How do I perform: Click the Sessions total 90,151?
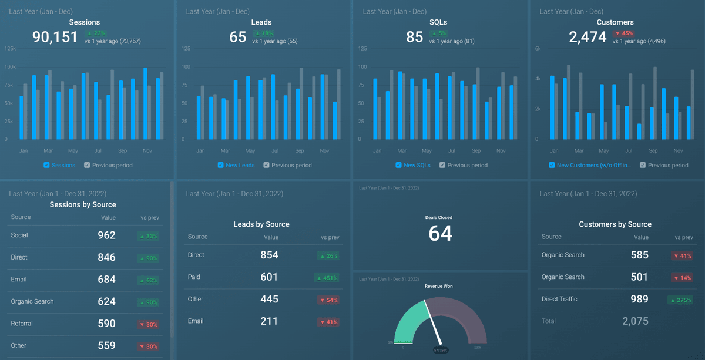[55, 37]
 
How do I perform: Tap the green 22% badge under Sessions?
[96, 33]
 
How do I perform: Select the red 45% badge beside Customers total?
[623, 33]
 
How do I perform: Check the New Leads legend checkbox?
[221, 165]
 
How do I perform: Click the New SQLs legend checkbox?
[399, 165]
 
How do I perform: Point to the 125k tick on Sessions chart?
[10, 49]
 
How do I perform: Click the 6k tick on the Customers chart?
[538, 49]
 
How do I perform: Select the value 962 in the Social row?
[106, 235]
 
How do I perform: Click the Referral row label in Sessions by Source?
[22, 324]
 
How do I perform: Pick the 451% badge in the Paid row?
[328, 278]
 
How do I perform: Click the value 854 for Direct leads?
[270, 255]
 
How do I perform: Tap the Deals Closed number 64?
[440, 233]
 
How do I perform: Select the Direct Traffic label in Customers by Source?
[559, 299]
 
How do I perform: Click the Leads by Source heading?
[261, 224]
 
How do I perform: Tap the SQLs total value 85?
[415, 37]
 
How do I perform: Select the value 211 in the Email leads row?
[270, 321]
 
